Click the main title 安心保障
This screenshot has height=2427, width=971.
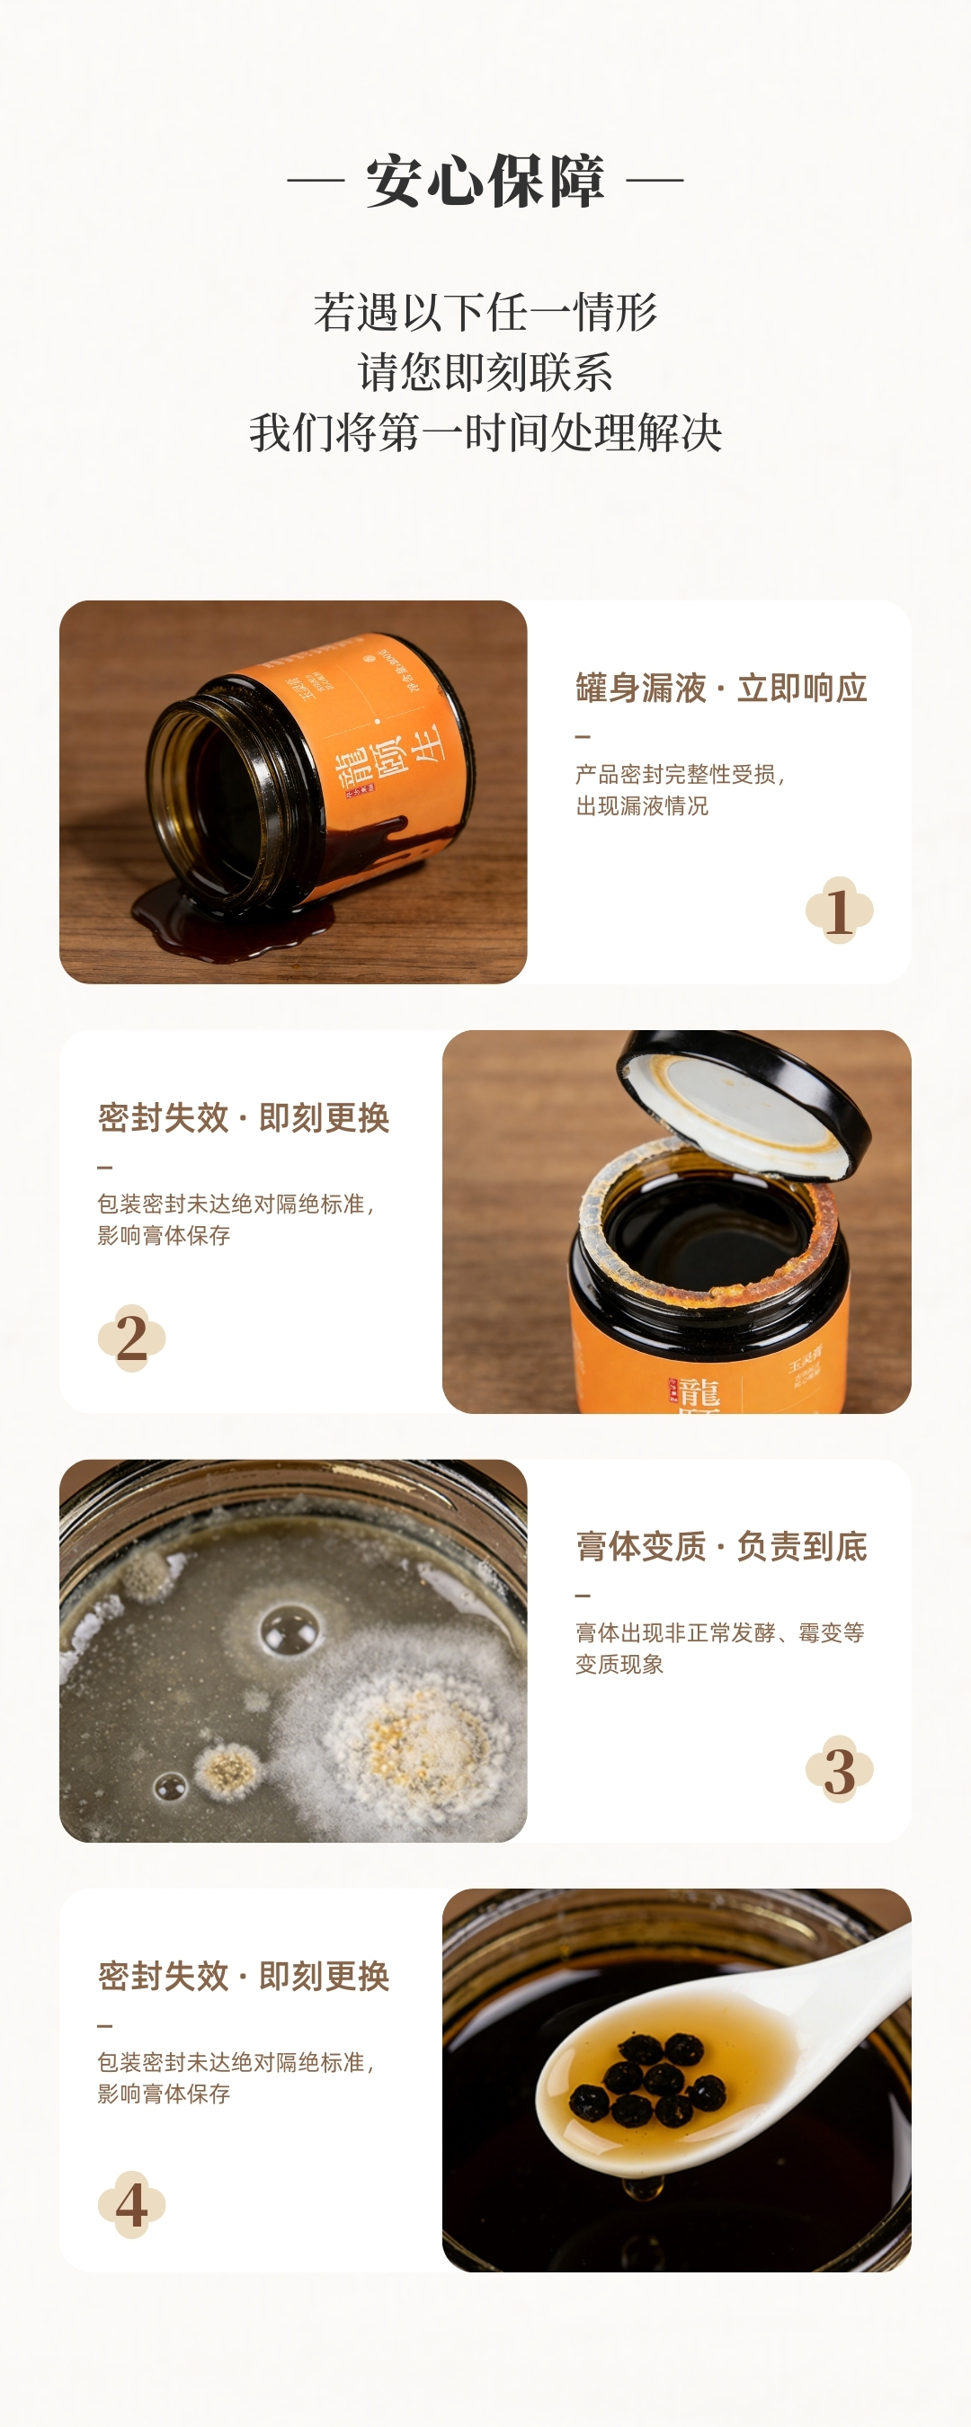click(485, 180)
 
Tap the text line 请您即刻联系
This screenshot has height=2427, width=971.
click(485, 372)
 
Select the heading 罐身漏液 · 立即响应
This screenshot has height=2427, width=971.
click(721, 688)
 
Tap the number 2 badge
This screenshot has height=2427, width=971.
click(132, 1338)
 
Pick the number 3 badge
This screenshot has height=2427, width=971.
click(839, 1769)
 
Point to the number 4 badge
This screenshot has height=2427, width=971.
click(132, 2205)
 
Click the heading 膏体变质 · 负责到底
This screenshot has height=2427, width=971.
click(721, 1546)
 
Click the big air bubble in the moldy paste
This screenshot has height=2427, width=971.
click(290, 1628)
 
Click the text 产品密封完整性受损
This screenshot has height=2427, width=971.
click(679, 775)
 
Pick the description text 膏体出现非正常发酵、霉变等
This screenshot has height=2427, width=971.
click(719, 1632)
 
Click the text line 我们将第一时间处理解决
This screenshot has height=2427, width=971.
click(485, 432)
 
